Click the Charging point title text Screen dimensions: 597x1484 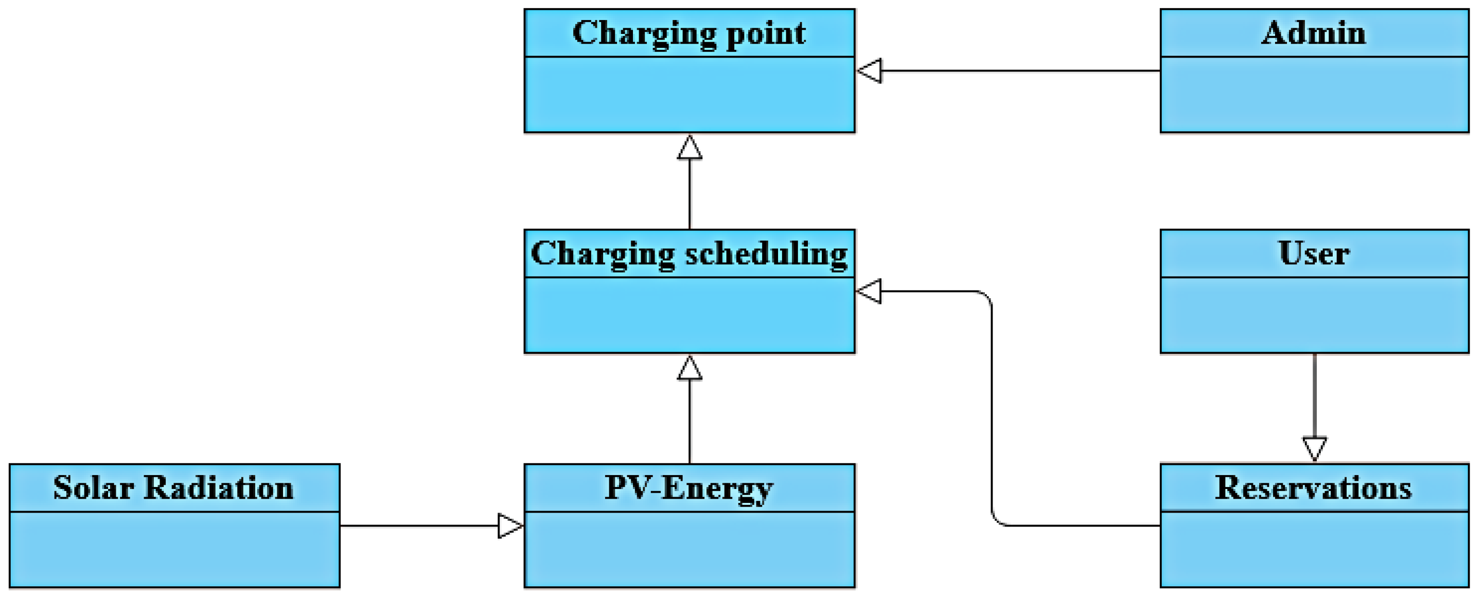(x=689, y=33)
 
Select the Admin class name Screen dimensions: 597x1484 (x=1314, y=33)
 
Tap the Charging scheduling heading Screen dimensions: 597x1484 (x=689, y=254)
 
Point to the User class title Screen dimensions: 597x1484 (x=1314, y=254)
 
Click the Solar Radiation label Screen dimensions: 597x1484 (x=173, y=487)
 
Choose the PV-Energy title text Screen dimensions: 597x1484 (x=689, y=487)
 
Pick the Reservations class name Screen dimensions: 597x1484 (x=1314, y=487)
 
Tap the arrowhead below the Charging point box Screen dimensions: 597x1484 (x=690, y=148)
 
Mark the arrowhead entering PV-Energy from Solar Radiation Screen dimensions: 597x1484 (x=510, y=526)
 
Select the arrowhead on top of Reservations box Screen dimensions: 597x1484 (x=1315, y=449)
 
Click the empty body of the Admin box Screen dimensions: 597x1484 (x=1314, y=95)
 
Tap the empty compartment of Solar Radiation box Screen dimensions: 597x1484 (x=173, y=550)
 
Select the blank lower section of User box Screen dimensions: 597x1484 (x=1314, y=316)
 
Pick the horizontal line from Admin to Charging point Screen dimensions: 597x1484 (x=1020, y=71)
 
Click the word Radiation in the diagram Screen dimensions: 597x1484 (x=218, y=487)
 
